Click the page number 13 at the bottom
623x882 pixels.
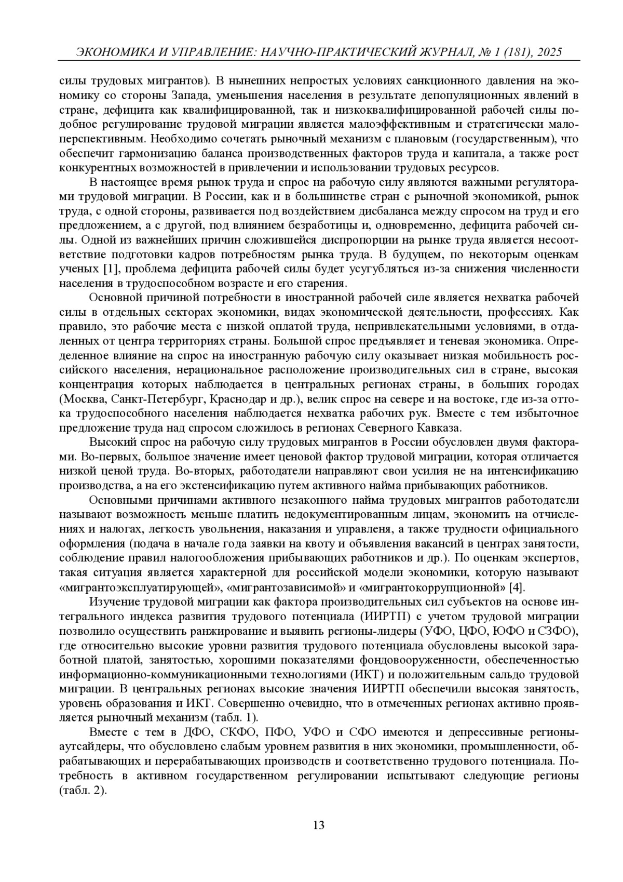pos(319,825)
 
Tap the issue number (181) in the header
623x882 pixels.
pos(511,52)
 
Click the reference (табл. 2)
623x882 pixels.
pos(83,792)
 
